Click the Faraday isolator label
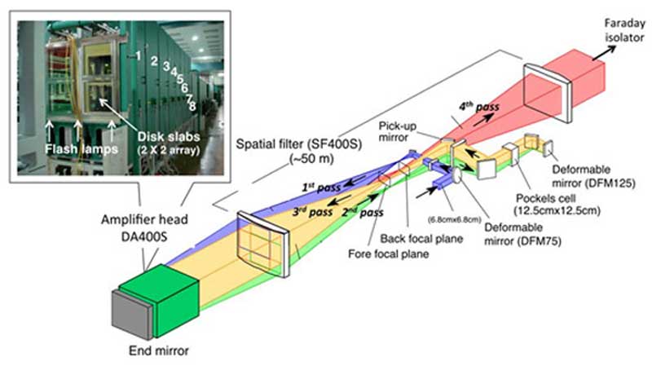point(624,30)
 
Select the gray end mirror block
point(131,315)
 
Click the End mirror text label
point(158,351)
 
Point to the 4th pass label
point(478,108)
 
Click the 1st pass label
point(321,187)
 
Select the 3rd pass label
point(312,212)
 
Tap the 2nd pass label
point(362,213)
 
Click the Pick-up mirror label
point(397,131)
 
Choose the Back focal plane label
point(421,239)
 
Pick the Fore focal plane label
point(389,254)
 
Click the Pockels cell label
point(557,205)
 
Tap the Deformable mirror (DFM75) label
point(522,234)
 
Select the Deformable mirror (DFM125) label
point(593,176)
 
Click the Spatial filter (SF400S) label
point(298,151)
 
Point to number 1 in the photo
point(138,55)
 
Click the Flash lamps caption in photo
point(81,148)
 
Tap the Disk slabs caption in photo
point(169,143)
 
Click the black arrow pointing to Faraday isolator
point(604,53)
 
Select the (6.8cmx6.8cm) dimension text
point(455,219)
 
